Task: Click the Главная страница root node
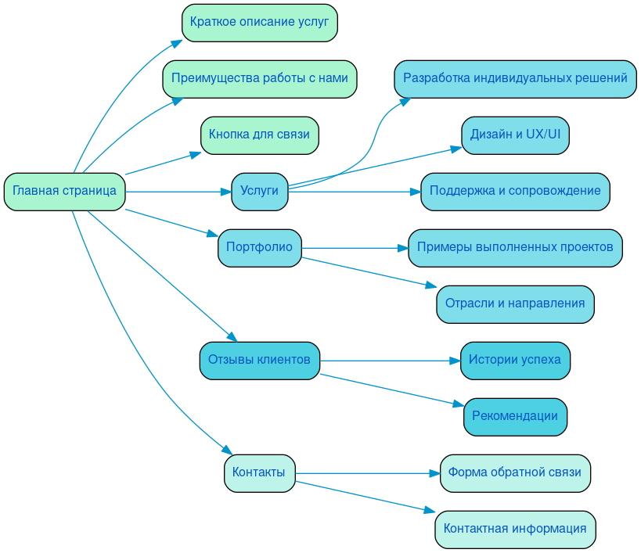point(64,191)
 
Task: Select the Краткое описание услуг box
point(259,22)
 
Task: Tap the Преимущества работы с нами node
point(259,78)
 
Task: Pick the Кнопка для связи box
point(259,135)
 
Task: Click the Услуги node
point(259,191)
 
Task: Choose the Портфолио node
point(259,247)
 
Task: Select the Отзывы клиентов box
point(259,360)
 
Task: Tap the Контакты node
point(259,472)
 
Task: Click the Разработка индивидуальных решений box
point(515,78)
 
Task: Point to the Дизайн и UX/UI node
point(515,135)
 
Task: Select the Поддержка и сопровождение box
point(515,191)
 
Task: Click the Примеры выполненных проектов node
point(515,247)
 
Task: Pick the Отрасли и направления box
point(515,303)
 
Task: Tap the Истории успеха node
point(515,360)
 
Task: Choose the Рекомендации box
point(515,416)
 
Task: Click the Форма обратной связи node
point(515,472)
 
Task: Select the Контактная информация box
point(515,529)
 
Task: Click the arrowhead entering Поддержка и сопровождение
point(415,191)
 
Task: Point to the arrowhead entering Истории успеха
point(455,360)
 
